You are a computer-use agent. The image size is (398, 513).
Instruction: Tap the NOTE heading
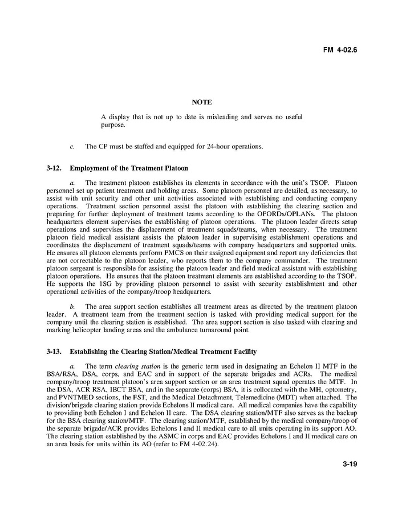202,102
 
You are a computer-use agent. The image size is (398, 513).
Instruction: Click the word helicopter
87,330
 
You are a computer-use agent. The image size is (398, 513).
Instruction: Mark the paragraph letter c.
72,147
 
